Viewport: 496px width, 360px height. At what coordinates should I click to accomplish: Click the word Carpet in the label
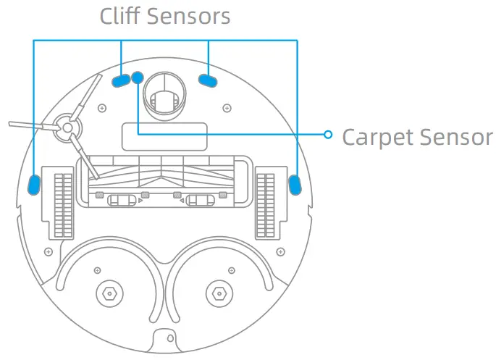click(380, 136)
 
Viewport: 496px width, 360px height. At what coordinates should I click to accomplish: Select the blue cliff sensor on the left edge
click(33, 184)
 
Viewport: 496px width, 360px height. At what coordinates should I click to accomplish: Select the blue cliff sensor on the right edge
click(295, 184)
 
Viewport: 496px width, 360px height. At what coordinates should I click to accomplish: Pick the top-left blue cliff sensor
click(121, 80)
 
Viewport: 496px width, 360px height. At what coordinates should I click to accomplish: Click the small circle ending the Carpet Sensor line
click(328, 134)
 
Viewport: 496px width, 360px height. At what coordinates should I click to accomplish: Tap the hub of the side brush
click(65, 127)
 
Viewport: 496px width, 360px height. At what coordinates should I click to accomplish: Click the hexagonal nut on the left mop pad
click(109, 294)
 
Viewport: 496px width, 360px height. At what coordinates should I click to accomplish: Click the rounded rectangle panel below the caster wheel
click(164, 136)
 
